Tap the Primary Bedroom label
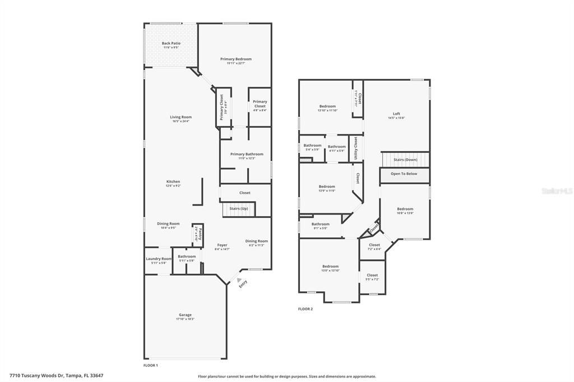(x=235, y=59)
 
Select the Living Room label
(x=180, y=117)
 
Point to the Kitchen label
(x=173, y=182)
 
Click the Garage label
(x=185, y=315)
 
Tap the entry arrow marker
(x=239, y=281)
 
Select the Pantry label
(x=200, y=232)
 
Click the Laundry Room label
(x=159, y=259)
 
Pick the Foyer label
(x=222, y=245)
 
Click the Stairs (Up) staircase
(x=239, y=209)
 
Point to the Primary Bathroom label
(x=246, y=154)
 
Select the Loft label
(x=396, y=114)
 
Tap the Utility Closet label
(x=355, y=148)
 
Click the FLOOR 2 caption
(x=305, y=309)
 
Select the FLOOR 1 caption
(x=151, y=365)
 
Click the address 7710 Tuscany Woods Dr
(x=56, y=375)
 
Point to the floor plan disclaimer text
(x=287, y=376)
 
